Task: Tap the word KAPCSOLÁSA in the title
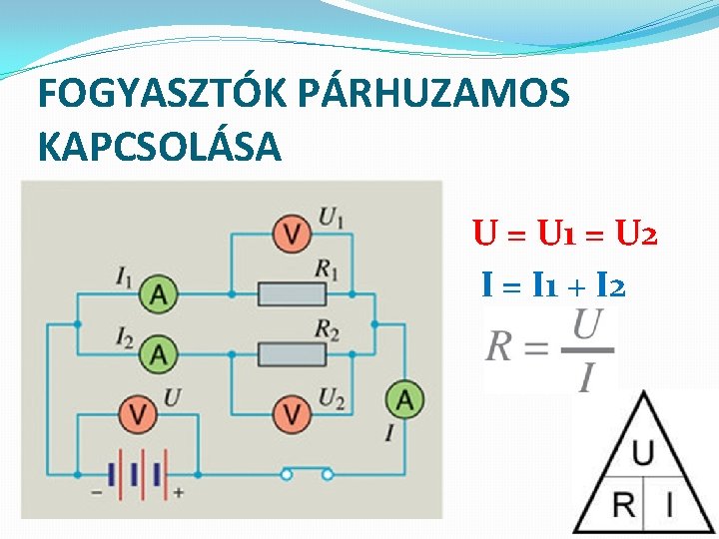pyautogui.click(x=160, y=147)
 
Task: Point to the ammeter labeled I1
pyautogui.click(x=159, y=293)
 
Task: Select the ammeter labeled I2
pyautogui.click(x=159, y=352)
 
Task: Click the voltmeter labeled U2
pyautogui.click(x=292, y=411)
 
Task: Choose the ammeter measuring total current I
pyautogui.click(x=404, y=400)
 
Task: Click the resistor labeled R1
pyautogui.click(x=292, y=293)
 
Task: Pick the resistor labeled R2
pyautogui.click(x=292, y=352)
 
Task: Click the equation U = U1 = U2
pyautogui.click(x=564, y=237)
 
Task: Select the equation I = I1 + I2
pyautogui.click(x=553, y=287)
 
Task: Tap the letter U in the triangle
pyautogui.click(x=643, y=453)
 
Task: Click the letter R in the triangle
pyautogui.click(x=623, y=504)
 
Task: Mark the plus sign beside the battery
pyautogui.click(x=178, y=492)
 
